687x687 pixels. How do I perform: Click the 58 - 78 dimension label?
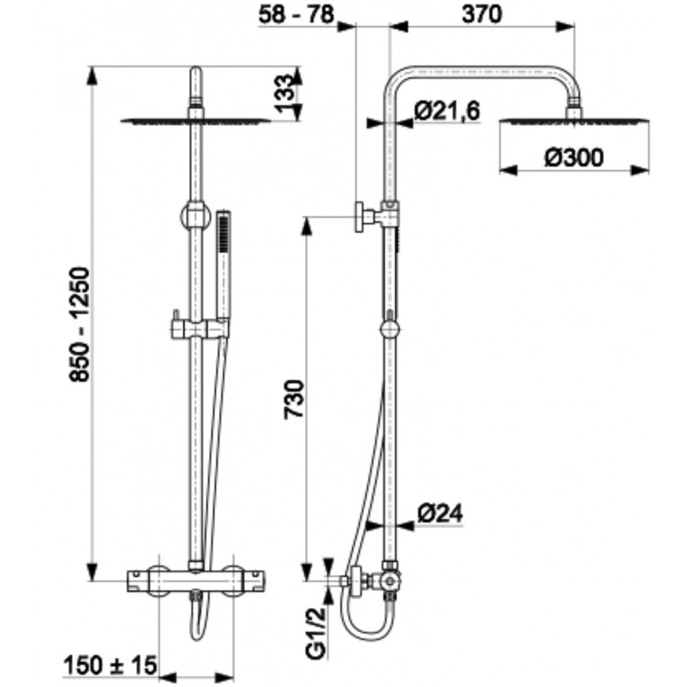[295, 14]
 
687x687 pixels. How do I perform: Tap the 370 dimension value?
[482, 14]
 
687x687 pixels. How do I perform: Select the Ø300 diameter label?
[574, 157]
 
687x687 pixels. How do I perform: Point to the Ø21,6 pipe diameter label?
[447, 111]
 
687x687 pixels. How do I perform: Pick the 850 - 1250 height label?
[80, 324]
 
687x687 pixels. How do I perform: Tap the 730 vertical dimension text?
[294, 400]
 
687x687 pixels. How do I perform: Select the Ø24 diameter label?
[440, 513]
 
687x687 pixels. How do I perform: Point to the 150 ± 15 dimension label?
[111, 666]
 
